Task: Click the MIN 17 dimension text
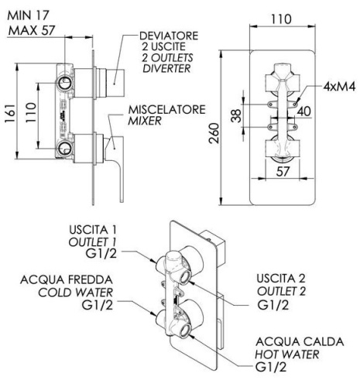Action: [29, 15]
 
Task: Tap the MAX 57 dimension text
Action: [31, 29]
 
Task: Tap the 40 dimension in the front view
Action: [303, 111]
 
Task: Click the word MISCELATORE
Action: [166, 110]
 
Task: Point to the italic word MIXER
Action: [146, 122]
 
